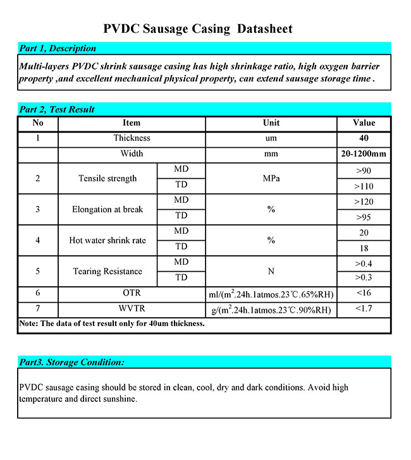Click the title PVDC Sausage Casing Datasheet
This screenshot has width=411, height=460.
[x=198, y=29]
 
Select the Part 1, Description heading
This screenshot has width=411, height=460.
[x=58, y=48]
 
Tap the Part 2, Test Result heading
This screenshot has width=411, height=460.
[x=57, y=109]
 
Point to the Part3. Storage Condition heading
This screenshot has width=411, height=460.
[x=71, y=362]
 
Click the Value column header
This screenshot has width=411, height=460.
[x=364, y=123]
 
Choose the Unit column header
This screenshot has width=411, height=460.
[x=271, y=123]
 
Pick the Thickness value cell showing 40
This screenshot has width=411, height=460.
[x=364, y=138]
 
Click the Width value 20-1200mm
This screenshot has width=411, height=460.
[x=364, y=154]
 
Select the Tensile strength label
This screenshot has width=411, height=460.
[x=107, y=179]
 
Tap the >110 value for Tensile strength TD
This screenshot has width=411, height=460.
[x=364, y=186]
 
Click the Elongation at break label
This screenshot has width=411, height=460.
[x=107, y=210]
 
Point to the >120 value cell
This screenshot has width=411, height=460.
[x=364, y=202]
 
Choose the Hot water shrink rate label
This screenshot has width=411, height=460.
[x=107, y=241]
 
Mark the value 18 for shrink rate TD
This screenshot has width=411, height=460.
[x=364, y=248]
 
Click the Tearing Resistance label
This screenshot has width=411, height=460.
[x=107, y=272]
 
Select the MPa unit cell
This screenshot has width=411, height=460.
[x=271, y=179]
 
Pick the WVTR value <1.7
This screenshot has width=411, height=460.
[x=364, y=310]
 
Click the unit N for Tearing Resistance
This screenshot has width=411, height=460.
[x=271, y=272]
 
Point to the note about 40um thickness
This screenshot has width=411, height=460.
[x=112, y=324]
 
